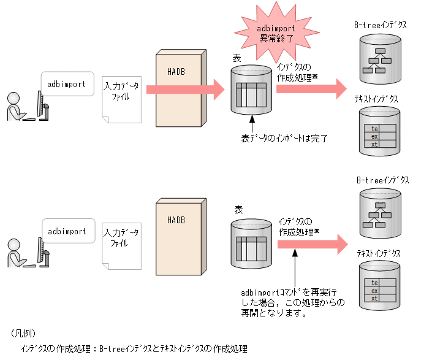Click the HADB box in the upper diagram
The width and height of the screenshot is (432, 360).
click(179, 91)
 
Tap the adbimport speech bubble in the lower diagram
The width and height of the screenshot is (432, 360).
click(67, 232)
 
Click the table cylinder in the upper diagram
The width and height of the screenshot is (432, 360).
click(251, 90)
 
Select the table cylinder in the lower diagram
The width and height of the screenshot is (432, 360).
click(251, 244)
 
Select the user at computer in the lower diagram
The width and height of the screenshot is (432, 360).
click(27, 253)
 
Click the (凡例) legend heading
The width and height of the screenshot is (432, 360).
click(23, 334)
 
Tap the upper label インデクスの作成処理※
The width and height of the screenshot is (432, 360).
click(297, 72)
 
